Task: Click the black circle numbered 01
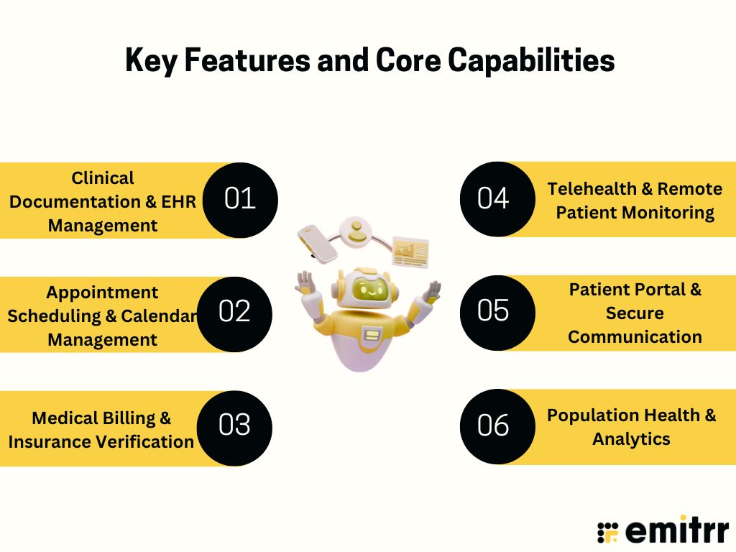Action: point(240,200)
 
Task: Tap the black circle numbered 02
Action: point(234,313)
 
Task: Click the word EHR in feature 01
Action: point(180,202)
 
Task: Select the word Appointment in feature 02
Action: point(103,293)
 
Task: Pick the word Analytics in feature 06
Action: point(631,439)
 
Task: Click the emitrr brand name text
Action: point(676,533)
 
